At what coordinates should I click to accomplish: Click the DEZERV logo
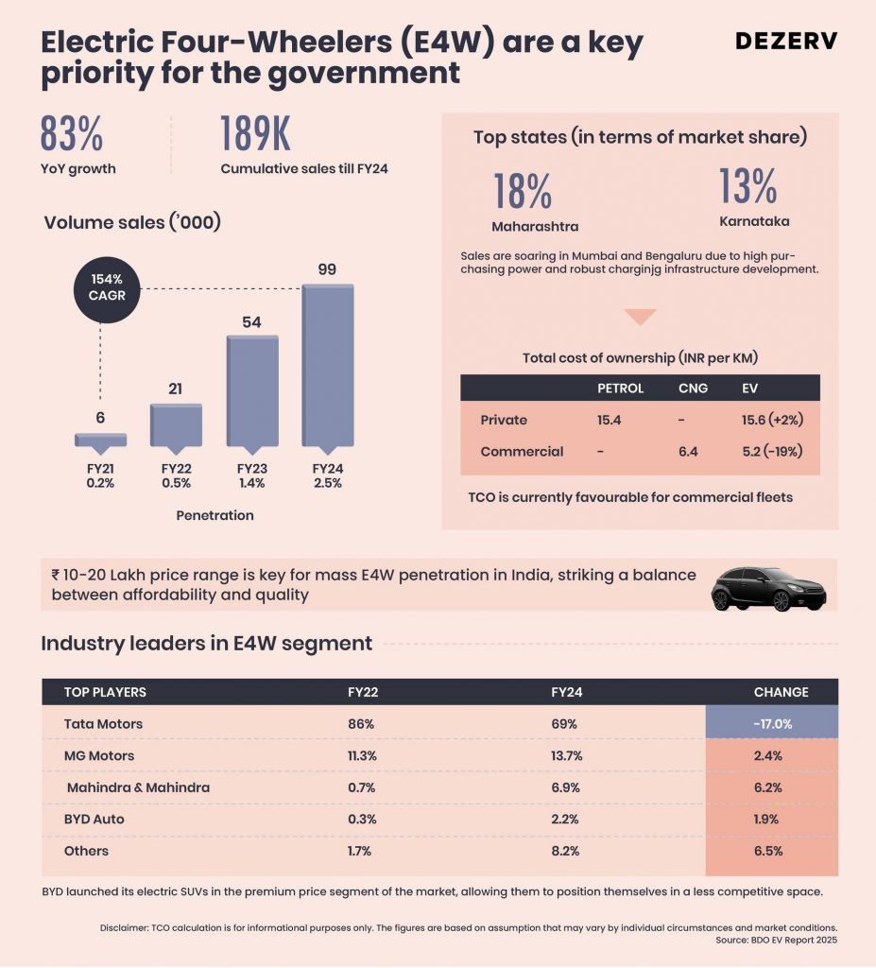(x=786, y=41)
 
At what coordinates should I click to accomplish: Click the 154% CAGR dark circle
(x=107, y=289)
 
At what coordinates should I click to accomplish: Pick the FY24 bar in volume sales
(x=328, y=365)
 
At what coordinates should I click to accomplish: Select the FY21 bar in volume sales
(x=100, y=440)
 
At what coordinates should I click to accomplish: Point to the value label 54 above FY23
(x=251, y=321)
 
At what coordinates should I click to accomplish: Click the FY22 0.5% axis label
(x=176, y=475)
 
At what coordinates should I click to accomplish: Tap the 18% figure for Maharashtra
(x=523, y=191)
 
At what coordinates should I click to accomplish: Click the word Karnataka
(x=754, y=221)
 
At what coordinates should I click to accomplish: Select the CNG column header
(x=693, y=389)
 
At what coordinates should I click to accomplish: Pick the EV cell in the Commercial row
(x=772, y=451)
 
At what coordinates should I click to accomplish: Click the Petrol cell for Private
(x=609, y=420)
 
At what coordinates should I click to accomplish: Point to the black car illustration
(x=768, y=589)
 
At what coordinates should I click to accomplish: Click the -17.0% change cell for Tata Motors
(x=772, y=723)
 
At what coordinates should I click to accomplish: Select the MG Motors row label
(x=99, y=755)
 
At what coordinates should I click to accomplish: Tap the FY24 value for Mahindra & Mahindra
(x=565, y=787)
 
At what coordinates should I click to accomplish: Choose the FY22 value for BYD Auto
(x=362, y=820)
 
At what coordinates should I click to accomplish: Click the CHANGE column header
(x=781, y=692)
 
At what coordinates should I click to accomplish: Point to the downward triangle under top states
(x=640, y=316)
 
